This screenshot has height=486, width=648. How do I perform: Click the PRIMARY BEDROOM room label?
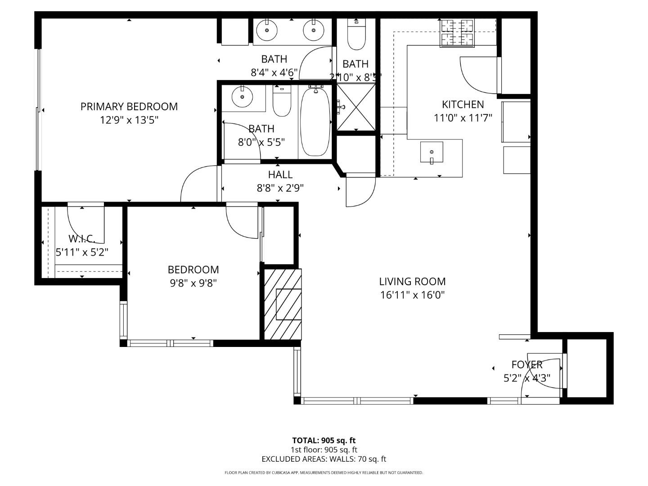pyautogui.click(x=129, y=107)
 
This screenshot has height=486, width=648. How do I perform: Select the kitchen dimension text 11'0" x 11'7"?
pyautogui.click(x=463, y=118)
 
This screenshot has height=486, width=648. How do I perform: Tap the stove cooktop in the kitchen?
pyautogui.click(x=457, y=33)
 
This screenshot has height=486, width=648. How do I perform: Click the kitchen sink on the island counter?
pyautogui.click(x=432, y=152)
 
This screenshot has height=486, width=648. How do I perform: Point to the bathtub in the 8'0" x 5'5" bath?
pyautogui.click(x=315, y=122)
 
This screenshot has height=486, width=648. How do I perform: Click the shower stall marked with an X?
pyautogui.click(x=356, y=107)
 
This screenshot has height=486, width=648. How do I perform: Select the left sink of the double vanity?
pyautogui.click(x=267, y=31)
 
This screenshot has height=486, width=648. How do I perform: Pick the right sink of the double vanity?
pyautogui.click(x=313, y=31)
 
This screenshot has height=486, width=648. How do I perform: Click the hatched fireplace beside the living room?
pyautogui.click(x=283, y=304)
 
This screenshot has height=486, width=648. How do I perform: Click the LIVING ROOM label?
pyautogui.click(x=412, y=282)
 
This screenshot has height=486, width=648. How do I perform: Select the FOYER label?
pyautogui.click(x=527, y=364)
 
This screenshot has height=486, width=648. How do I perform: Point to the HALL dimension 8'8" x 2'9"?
pyautogui.click(x=280, y=188)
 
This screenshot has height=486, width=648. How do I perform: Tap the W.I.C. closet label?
pyautogui.click(x=82, y=238)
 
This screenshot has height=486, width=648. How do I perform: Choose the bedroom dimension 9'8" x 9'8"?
pyautogui.click(x=193, y=283)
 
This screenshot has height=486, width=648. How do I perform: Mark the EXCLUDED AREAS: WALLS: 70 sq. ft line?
pyautogui.click(x=324, y=459)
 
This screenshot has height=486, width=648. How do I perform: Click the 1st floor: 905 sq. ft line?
pyautogui.click(x=324, y=450)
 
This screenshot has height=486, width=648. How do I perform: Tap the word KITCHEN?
pyautogui.click(x=463, y=104)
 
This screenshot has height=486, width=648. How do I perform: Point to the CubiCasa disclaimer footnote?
pyautogui.click(x=324, y=472)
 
